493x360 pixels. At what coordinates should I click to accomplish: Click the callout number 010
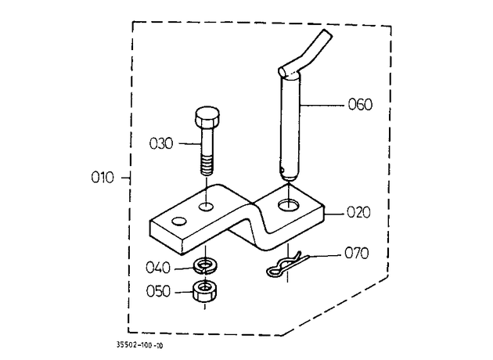tap(103, 178)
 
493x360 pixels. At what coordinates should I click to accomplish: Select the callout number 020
tap(358, 213)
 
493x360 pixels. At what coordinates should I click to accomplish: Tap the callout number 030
tap(161, 144)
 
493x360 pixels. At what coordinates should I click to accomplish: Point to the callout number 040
tap(158, 268)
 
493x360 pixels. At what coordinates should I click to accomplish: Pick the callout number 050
tap(158, 291)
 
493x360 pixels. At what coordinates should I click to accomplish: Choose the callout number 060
tap(360, 104)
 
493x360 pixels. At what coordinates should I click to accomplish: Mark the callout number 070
tap(357, 253)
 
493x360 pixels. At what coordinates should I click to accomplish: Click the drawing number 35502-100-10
tap(140, 345)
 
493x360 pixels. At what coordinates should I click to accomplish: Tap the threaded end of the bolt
tap(207, 166)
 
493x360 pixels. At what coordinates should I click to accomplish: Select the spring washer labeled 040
tap(206, 266)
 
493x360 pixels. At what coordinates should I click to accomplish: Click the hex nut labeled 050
tap(205, 292)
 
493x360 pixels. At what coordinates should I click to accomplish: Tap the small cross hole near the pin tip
tap(282, 171)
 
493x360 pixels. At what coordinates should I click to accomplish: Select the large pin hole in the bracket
tap(289, 206)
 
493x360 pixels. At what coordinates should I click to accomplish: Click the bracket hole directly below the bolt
tap(207, 207)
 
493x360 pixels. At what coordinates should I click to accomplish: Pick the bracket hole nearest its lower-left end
tap(179, 221)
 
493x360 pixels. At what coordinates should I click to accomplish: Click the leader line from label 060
tap(322, 105)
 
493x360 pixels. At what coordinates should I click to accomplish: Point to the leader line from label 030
tap(190, 144)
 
